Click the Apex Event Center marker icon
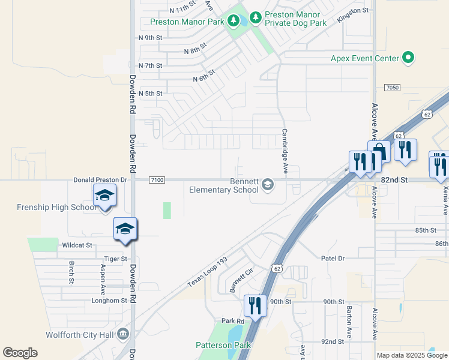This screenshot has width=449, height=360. pos(409,58)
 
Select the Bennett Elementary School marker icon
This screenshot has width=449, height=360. pos(267,185)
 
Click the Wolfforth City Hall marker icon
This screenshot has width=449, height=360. pos(123,333)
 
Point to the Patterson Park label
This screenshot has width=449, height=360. pos(223,345)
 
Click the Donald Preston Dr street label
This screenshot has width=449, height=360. pos(101,179)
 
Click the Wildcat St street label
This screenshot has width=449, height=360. pos(77,245)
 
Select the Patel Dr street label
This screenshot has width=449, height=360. pos(333,258)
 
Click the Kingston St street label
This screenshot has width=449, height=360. pos(352,14)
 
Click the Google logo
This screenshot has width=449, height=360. pos(20,353)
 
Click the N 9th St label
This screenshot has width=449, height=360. pos(150,37)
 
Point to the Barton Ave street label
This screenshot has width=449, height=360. pos(349,322)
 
